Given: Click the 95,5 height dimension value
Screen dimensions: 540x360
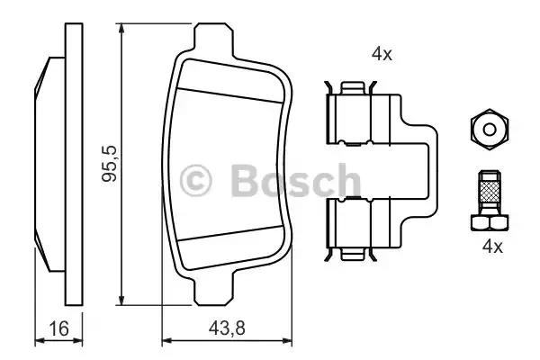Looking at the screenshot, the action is (x=110, y=165).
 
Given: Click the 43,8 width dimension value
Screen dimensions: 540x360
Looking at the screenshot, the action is (x=227, y=328).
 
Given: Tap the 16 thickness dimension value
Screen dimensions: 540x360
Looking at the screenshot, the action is (x=58, y=328).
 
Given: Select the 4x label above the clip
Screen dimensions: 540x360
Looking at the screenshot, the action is (x=382, y=54).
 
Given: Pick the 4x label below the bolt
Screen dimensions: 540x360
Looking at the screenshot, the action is (x=492, y=247).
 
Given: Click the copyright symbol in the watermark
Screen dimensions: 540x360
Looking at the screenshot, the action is (x=195, y=181).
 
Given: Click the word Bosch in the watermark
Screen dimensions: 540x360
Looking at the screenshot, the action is (x=295, y=180).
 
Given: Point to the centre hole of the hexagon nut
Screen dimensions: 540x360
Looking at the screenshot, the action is (x=490, y=130).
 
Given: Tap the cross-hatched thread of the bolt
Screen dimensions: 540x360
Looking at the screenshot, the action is (x=490, y=191).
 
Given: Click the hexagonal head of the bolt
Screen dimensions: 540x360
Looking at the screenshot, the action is (x=490, y=222).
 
